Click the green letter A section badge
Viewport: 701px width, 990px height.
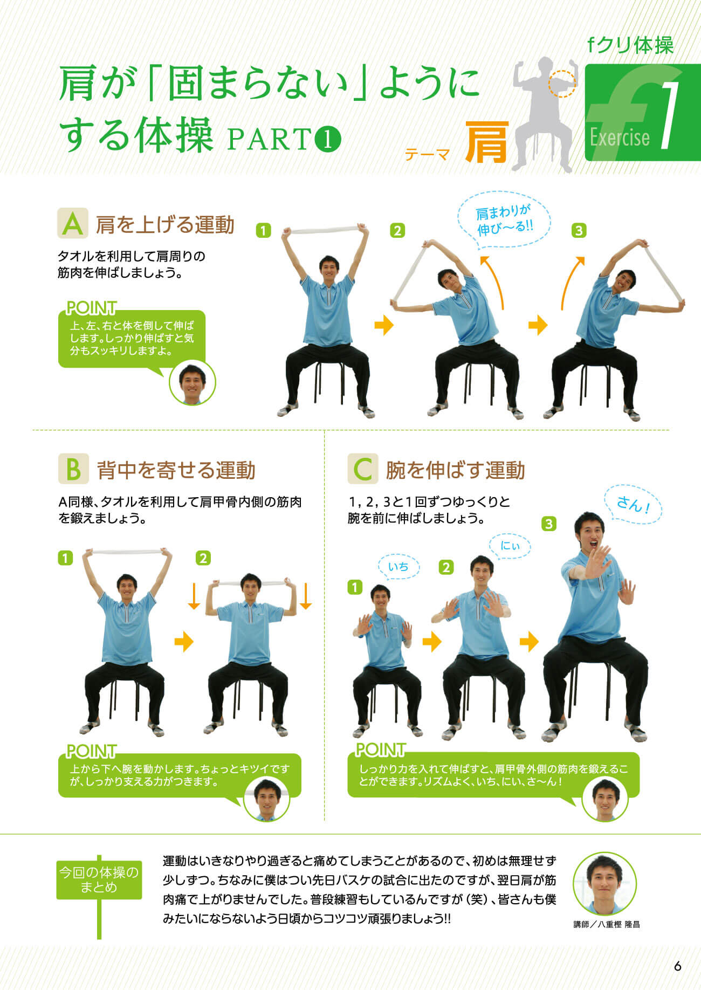(73, 223)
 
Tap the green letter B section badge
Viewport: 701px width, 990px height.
(73, 469)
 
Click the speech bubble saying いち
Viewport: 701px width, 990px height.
(398, 566)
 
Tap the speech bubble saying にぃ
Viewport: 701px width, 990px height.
(510, 546)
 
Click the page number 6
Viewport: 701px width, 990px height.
(677, 966)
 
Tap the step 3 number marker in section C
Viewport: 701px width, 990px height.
(549, 524)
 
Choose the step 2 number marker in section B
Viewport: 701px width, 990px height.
(203, 558)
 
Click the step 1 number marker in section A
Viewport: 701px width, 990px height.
(263, 231)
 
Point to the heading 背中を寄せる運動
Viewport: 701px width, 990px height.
(176, 470)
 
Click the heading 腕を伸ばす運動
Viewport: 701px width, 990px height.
(456, 470)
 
